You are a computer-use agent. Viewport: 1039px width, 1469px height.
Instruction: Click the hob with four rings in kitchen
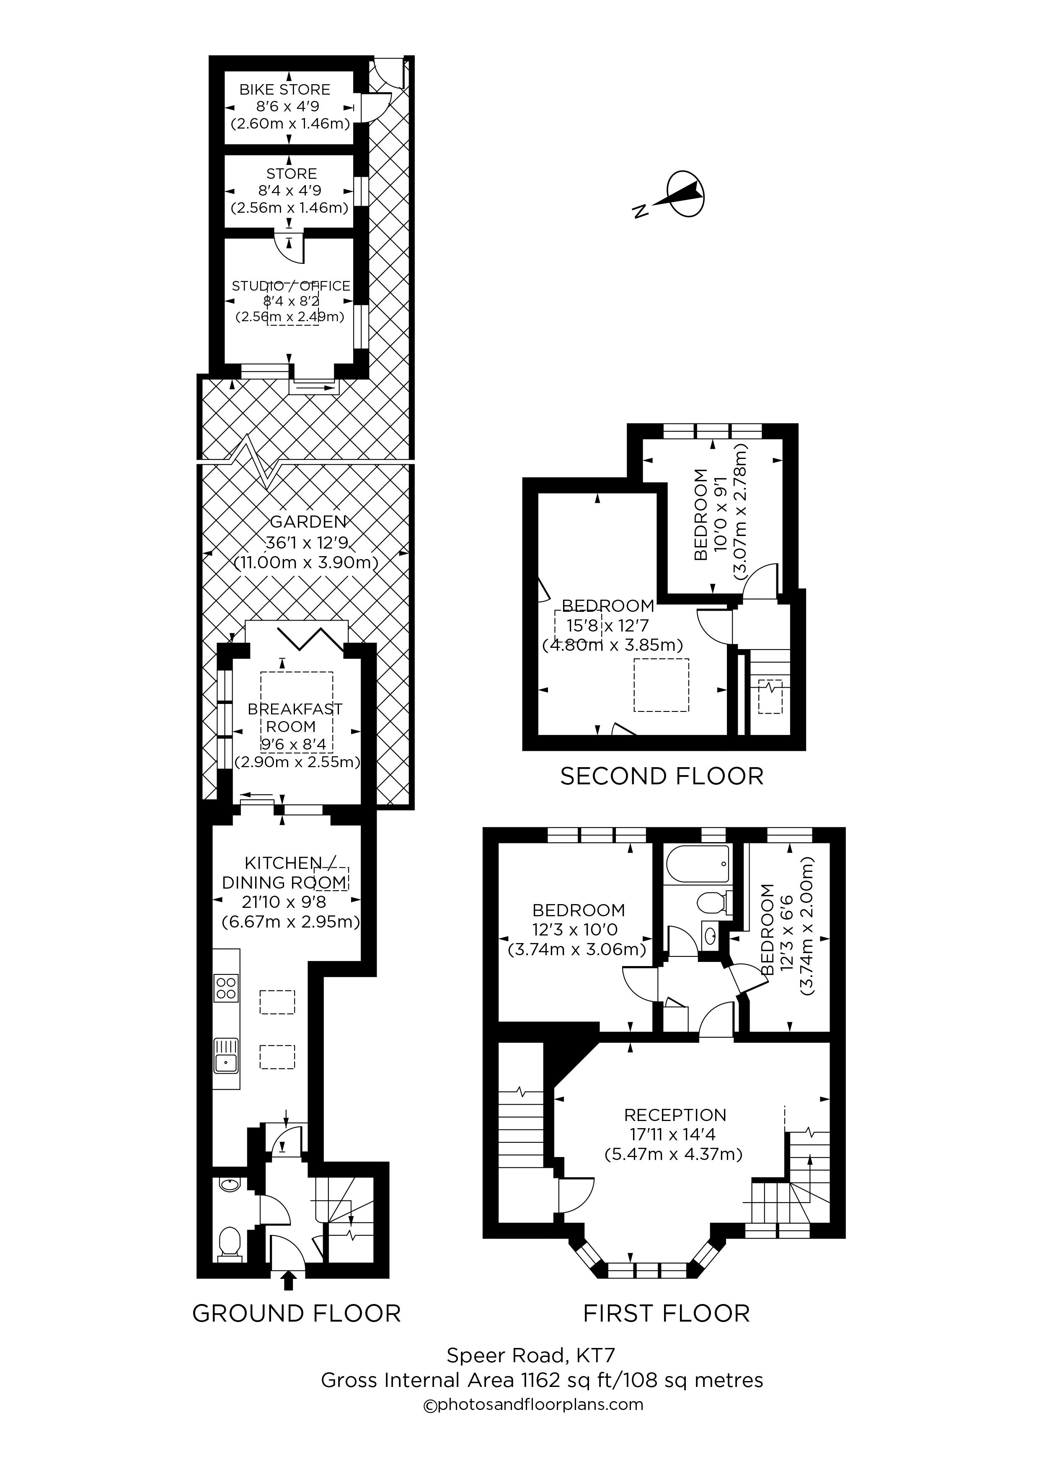[226, 987]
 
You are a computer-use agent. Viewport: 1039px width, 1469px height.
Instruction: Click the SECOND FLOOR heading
[662, 776]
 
